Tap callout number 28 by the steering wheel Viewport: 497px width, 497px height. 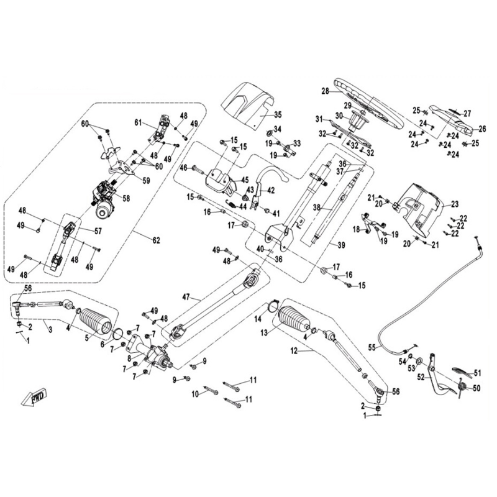coord(324,92)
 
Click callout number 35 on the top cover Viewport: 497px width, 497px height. coord(278,115)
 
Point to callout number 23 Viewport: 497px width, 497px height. coord(454,204)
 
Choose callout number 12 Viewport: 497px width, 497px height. coord(294,352)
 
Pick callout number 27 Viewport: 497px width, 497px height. coord(468,113)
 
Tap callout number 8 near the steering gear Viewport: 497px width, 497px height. coord(129,358)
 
